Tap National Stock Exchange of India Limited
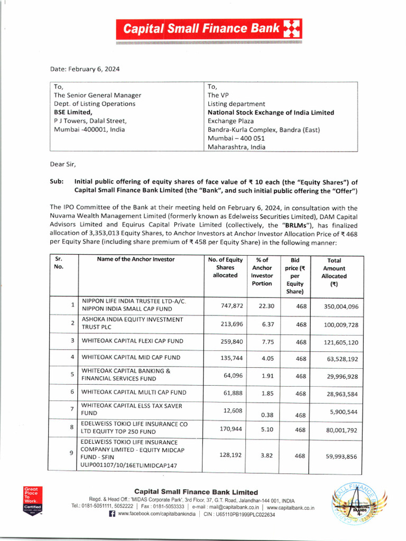pos(271,113)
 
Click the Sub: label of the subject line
pos(57,181)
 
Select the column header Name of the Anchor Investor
pos(136,259)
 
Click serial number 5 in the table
pos(72,375)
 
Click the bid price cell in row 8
pos(301,430)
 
